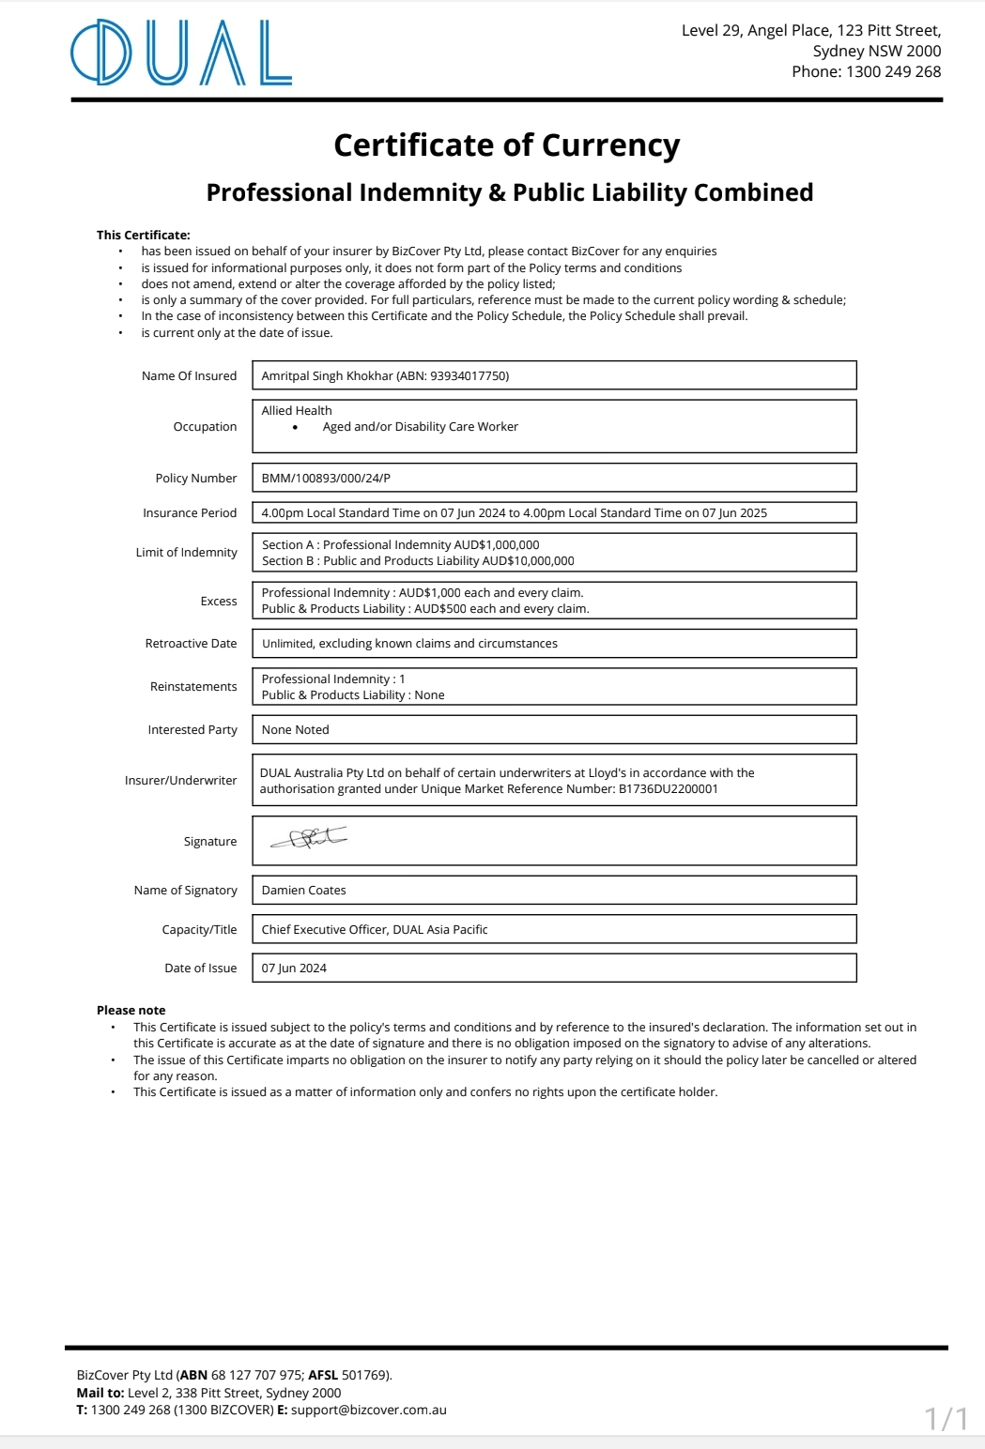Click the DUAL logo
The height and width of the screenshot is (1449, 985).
tap(181, 53)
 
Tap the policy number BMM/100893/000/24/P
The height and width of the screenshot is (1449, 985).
tap(326, 479)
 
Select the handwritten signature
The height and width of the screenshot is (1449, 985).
tap(309, 838)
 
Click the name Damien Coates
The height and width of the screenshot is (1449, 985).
tap(303, 891)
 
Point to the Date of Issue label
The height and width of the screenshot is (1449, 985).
tap(200, 969)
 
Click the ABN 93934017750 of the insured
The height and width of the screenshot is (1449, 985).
tap(469, 376)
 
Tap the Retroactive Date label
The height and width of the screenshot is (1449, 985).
tap(191, 644)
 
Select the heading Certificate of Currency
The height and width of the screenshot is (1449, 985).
tap(506, 145)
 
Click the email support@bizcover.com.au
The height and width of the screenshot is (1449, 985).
tap(368, 1410)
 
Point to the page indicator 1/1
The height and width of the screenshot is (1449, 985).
tap(947, 1418)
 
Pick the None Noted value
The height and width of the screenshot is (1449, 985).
tap(295, 730)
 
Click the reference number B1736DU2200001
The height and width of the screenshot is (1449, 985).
tap(668, 789)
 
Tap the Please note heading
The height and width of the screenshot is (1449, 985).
tap(131, 1011)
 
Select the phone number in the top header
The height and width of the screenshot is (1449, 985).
tap(893, 72)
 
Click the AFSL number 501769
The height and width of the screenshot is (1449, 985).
tap(364, 1376)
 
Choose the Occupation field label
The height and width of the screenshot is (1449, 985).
tap(205, 427)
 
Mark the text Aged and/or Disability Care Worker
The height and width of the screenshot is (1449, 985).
tap(420, 427)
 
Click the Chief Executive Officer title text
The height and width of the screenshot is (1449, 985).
tap(324, 930)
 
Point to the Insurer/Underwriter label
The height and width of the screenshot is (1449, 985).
tap(180, 781)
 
